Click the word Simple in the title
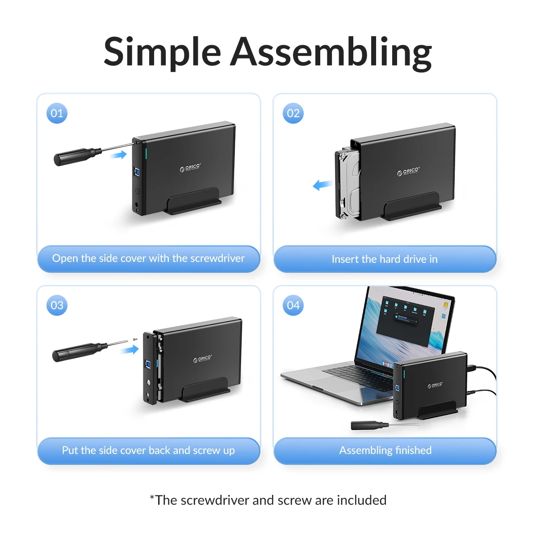pyautogui.click(x=163, y=53)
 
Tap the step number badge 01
pyautogui.click(x=57, y=113)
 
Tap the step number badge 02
pyautogui.click(x=293, y=113)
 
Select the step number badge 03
pyautogui.click(x=57, y=305)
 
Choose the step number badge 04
pyautogui.click(x=293, y=305)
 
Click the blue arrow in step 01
pyautogui.click(x=118, y=155)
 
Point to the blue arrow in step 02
pyautogui.click(x=322, y=184)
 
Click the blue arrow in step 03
pyautogui.click(x=130, y=350)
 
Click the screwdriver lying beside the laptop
pyautogui.click(x=385, y=425)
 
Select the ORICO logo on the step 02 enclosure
pyautogui.click(x=408, y=171)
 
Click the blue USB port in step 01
pyautogui.click(x=137, y=172)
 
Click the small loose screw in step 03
pyautogui.click(x=135, y=339)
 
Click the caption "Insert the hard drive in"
pyautogui.click(x=385, y=259)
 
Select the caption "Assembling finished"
pyautogui.click(x=385, y=450)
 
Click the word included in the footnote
pyautogui.click(x=362, y=500)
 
